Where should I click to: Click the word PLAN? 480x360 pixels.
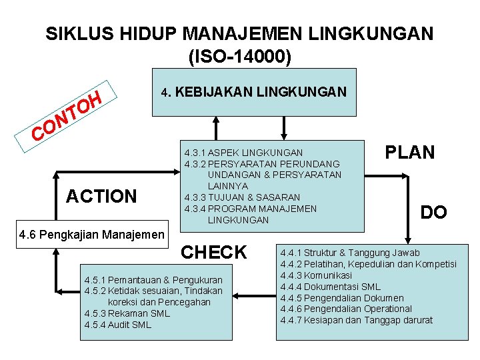[x=409, y=153]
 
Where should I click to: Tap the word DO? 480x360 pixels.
[x=433, y=213]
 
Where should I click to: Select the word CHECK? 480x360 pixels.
[x=214, y=252]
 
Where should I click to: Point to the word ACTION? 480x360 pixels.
[x=101, y=196]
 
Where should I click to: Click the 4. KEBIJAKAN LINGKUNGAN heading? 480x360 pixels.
[x=254, y=92]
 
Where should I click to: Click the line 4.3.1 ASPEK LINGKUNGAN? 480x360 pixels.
[x=243, y=153]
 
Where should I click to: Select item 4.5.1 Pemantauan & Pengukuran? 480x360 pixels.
[x=153, y=280]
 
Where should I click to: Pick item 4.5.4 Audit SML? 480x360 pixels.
[x=118, y=325]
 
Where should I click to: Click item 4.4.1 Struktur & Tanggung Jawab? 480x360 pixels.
[x=350, y=253]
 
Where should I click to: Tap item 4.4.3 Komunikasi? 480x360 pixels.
[x=316, y=275]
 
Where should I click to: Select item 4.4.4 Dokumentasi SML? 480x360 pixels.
[x=330, y=287]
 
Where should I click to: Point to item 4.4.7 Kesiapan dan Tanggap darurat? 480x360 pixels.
[x=357, y=321]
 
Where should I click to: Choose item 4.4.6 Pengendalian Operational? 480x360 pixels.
[x=346, y=309]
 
